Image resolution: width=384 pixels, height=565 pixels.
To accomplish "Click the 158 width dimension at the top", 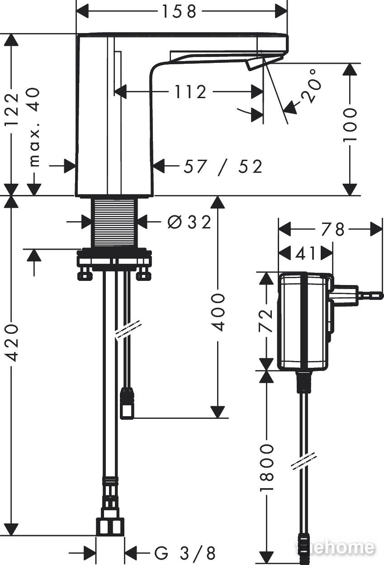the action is point(179,12).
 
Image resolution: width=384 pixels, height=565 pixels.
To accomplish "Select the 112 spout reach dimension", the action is point(190,92).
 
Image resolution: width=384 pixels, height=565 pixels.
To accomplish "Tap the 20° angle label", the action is point(312,86).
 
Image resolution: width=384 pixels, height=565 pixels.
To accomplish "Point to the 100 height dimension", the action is point(350,125).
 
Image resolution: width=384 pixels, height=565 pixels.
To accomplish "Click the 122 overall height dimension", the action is point(12,109).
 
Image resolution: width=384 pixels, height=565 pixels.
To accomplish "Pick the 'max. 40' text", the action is point(33,127).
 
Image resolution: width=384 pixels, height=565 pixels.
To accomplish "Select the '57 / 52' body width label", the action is point(223,166).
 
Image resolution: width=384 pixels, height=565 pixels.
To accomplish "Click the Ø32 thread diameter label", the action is point(190,222).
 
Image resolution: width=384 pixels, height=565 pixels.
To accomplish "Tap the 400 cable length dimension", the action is point(218,312).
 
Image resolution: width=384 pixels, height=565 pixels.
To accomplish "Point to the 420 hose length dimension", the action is point(12,343).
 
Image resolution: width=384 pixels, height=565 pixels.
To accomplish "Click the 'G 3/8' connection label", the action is point(185,553).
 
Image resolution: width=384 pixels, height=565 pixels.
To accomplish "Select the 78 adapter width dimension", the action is point(332,229).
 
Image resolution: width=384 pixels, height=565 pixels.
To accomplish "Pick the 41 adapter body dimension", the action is point(305,253).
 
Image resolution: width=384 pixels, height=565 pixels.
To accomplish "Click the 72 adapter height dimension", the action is point(266,320).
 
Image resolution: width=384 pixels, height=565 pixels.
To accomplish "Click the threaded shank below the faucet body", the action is point(114,222).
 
